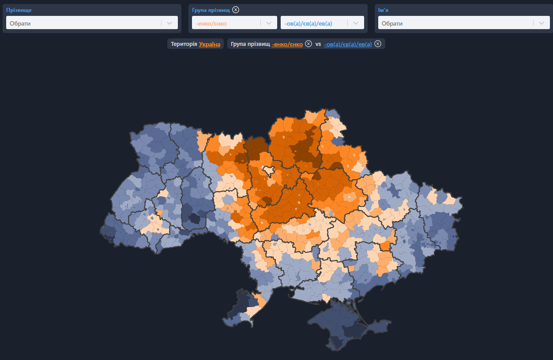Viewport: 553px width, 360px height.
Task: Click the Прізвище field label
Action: point(19,10)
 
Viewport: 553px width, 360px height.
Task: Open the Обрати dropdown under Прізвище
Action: point(84,23)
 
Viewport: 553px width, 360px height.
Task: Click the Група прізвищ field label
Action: point(211,10)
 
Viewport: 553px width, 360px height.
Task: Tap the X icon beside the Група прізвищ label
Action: point(236,10)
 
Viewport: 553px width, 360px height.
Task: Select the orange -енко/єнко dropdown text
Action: point(211,23)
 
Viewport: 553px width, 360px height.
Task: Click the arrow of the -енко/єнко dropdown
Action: point(268,23)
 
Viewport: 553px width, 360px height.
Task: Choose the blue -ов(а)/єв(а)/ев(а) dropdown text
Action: point(308,23)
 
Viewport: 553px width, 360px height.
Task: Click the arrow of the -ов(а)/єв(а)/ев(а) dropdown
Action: point(355,23)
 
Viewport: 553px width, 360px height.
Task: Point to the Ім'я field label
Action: point(383,10)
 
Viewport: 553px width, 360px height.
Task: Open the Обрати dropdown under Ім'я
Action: point(455,23)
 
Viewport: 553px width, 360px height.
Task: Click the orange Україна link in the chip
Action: point(210,44)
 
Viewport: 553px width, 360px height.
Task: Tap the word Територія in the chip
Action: point(184,44)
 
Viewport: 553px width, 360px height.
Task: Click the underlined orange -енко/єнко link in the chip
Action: point(287,44)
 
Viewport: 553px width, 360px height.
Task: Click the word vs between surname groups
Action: point(318,44)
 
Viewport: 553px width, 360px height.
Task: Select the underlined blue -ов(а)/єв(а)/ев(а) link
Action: point(348,44)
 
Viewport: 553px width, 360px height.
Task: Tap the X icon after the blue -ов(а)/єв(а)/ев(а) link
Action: point(378,44)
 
